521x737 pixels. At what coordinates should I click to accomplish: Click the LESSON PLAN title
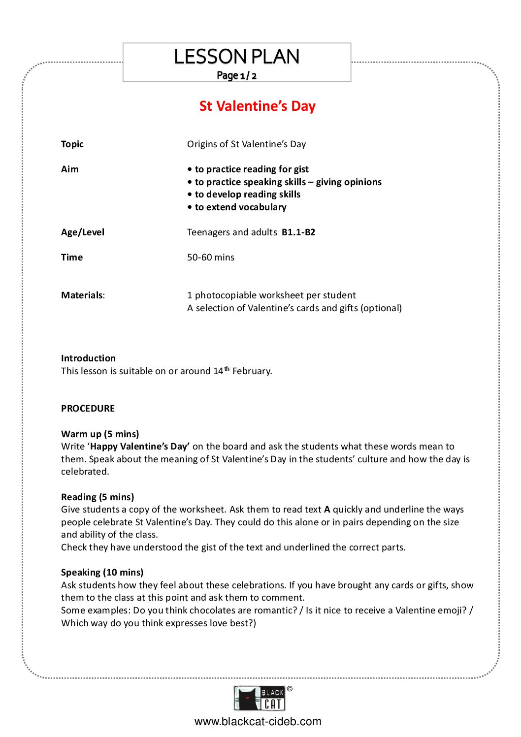(237, 57)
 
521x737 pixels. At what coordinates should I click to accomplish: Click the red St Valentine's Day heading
(257, 106)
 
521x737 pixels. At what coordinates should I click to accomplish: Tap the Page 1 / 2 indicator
(237, 75)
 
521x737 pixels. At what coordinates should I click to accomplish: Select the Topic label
(72, 144)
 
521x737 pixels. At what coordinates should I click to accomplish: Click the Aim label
(70, 169)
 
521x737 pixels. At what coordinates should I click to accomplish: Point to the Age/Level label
(83, 232)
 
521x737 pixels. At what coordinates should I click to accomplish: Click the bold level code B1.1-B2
(298, 232)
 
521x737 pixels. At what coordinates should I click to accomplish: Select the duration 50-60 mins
(211, 257)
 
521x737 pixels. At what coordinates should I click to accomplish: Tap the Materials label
(82, 295)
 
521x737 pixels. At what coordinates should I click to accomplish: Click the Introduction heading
(88, 358)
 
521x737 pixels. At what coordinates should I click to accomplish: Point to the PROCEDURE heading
(88, 409)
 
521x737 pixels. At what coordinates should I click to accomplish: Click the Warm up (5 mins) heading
(100, 434)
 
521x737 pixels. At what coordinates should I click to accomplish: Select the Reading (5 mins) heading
(98, 497)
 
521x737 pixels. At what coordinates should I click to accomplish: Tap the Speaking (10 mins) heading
(102, 573)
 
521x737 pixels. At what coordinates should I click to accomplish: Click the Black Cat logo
(260, 699)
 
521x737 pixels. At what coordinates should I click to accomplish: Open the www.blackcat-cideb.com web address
(258, 722)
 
